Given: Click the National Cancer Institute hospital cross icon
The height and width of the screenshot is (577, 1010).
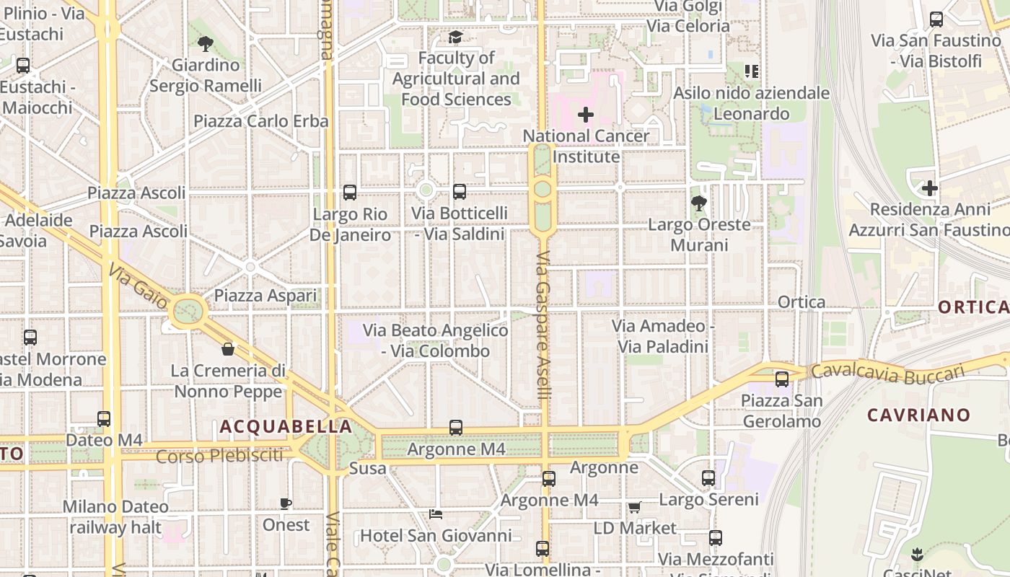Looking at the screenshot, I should tap(586, 114).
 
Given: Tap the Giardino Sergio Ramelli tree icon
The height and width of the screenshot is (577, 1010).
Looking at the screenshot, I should tap(206, 44).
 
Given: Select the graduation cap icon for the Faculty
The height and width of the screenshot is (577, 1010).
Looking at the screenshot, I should tap(455, 37).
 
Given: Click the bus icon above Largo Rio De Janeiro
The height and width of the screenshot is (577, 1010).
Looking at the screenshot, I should tap(350, 193).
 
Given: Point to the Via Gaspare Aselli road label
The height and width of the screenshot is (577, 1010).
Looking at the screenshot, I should tap(543, 325).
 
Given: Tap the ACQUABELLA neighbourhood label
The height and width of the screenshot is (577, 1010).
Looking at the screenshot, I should tap(286, 426).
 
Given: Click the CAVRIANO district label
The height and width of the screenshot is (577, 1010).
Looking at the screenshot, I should tap(918, 415).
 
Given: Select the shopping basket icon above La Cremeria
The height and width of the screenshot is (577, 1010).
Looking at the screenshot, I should tap(228, 349).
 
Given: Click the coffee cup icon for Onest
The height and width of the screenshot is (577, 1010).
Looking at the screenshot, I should tap(286, 503).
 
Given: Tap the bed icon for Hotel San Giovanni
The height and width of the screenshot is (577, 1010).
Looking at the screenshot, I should tap(436, 514).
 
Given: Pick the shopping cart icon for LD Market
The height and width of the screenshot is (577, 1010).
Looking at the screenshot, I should tap(634, 507).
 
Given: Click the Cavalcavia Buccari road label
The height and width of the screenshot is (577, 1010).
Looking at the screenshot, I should tap(887, 371).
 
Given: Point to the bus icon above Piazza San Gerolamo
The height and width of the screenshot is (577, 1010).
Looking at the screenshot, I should tap(782, 379).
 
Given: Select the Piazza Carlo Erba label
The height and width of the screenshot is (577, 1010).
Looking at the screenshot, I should tap(261, 121).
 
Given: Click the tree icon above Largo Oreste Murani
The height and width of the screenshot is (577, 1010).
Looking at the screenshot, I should tap(698, 203).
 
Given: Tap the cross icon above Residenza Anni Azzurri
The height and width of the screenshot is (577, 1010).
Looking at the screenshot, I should tap(930, 189).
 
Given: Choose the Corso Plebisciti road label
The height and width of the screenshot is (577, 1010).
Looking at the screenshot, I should tap(219, 456).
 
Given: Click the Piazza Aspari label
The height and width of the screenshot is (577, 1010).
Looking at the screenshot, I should tap(265, 296).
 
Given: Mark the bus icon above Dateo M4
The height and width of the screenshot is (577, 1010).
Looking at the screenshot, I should tap(104, 418).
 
